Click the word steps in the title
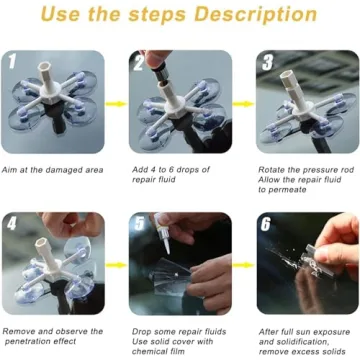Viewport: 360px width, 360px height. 166,15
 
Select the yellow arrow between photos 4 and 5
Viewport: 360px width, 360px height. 116,265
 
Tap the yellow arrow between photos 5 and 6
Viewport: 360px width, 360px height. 243,265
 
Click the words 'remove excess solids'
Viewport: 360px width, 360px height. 301,351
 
